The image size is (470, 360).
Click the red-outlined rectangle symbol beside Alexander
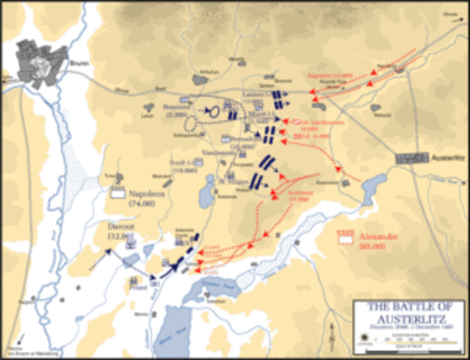345,234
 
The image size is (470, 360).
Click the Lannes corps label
249,93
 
